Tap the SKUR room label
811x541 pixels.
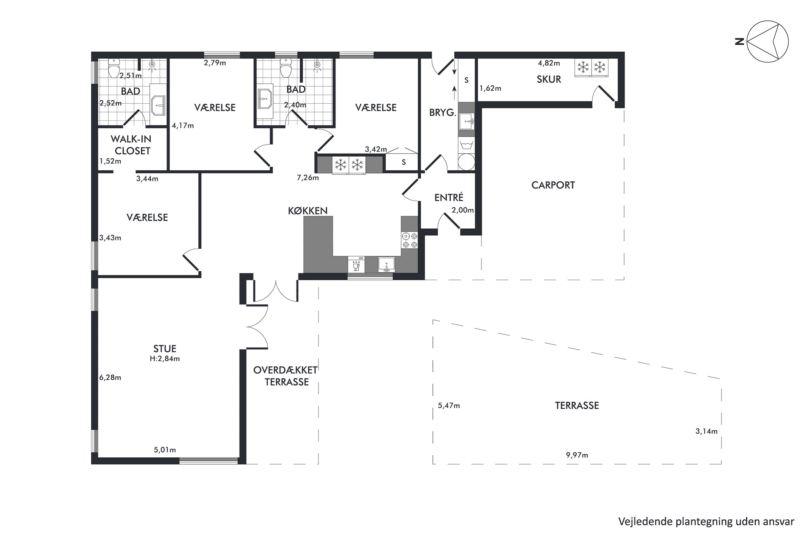point(549,79)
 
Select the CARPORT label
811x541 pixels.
point(553,185)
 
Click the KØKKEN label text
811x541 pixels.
point(308,211)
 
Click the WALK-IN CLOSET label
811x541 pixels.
point(131,145)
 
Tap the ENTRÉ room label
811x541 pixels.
point(448,197)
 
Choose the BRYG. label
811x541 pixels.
point(442,113)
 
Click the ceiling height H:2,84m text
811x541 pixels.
point(165,359)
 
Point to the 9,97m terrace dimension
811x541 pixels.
point(577,455)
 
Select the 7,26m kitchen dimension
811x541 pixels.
point(308,178)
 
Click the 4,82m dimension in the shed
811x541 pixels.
point(549,63)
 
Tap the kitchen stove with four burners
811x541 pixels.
point(409,240)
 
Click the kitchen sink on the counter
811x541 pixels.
point(387,265)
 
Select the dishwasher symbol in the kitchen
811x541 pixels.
point(357,265)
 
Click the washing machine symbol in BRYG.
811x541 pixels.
point(466,144)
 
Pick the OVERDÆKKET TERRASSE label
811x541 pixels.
point(285,376)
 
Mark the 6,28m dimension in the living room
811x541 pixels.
point(110,377)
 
